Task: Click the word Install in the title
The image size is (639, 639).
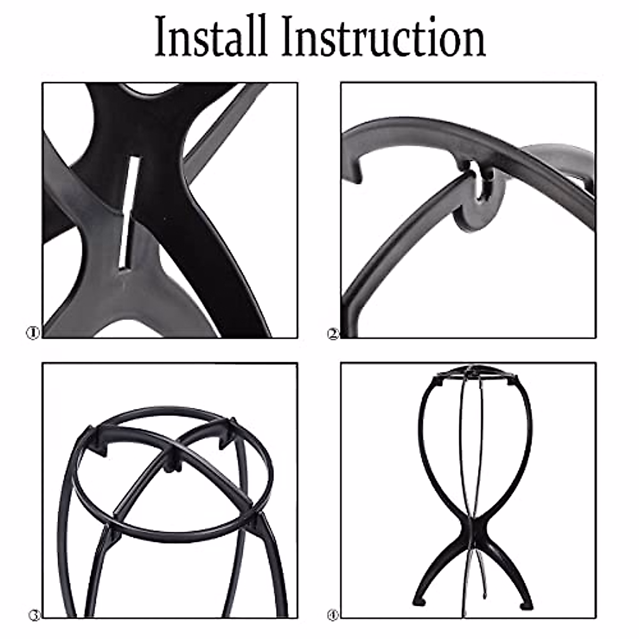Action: pyautogui.click(x=211, y=37)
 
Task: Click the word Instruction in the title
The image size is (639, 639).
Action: pyautogui.click(x=383, y=37)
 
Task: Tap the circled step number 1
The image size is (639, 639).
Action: pyautogui.click(x=33, y=333)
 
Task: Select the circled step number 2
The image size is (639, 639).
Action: pyautogui.click(x=333, y=334)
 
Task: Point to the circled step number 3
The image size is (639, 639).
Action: pyautogui.click(x=35, y=616)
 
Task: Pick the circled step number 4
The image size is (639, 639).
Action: pyautogui.click(x=333, y=616)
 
